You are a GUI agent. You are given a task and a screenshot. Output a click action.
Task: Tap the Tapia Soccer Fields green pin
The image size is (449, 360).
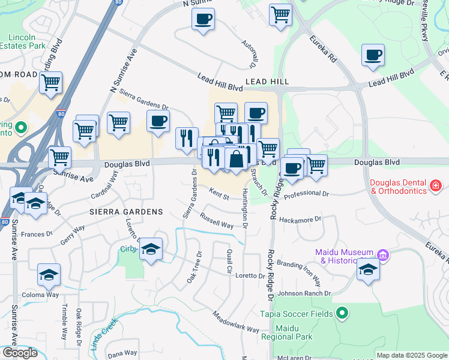[x=342, y=313]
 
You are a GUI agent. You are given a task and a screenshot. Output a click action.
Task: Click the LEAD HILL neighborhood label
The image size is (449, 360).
[x=267, y=81]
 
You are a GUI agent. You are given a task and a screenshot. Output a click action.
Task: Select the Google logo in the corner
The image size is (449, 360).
[x=20, y=352]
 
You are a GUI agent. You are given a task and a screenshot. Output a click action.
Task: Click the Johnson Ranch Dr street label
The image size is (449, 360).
[x=304, y=293]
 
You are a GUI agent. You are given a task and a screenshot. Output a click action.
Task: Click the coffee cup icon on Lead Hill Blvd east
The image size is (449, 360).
[x=373, y=56]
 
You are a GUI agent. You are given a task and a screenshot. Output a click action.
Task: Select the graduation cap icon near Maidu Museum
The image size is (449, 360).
[x=368, y=270]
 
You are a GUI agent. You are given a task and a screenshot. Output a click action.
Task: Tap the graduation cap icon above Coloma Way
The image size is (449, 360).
[x=49, y=275]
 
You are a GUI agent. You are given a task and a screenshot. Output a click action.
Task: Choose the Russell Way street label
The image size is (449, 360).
[x=217, y=220]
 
